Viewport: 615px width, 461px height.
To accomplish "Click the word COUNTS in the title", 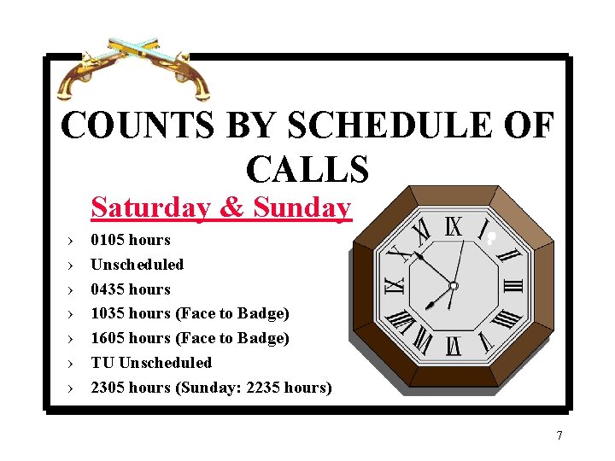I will point(138,127).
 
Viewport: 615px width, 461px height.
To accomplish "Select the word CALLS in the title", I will point(307,168).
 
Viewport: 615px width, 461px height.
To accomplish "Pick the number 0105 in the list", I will point(108,240).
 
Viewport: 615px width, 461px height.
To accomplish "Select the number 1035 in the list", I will point(108,313).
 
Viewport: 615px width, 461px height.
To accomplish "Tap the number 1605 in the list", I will point(108,338).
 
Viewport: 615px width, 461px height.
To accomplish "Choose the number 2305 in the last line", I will point(108,388).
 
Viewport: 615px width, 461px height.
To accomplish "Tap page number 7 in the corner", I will point(559,436).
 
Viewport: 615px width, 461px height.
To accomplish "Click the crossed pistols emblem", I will point(134,68).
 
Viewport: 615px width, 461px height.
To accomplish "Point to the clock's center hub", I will point(454,286).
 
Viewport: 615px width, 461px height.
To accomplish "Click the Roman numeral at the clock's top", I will point(454,226).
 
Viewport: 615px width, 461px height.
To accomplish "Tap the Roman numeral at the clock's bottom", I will point(454,346).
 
